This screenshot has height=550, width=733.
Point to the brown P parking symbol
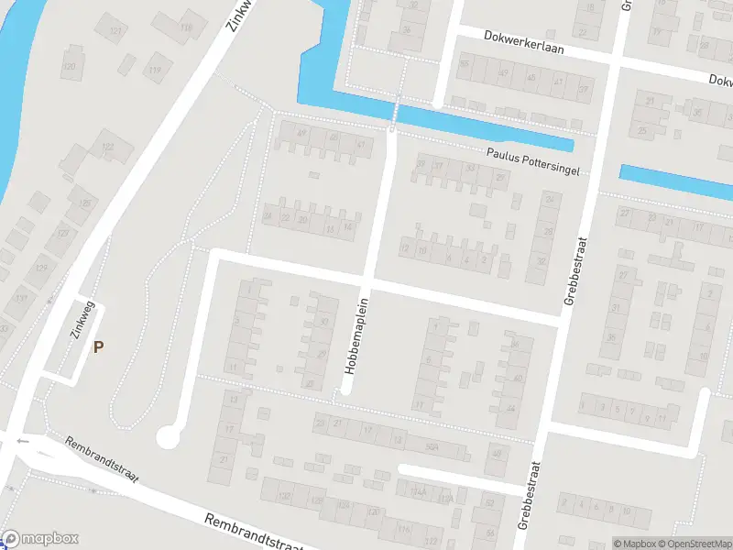coord(98,346)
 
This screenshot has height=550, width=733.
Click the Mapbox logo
coord(40,540)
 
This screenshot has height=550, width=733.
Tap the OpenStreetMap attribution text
coord(700,544)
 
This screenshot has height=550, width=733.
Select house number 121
coord(115,32)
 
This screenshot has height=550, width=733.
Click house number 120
coord(69,67)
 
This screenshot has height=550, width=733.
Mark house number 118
coord(186,27)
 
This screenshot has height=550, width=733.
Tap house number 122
coord(107,147)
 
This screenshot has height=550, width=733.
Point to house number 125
coord(85,203)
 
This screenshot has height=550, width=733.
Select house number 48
coord(497,454)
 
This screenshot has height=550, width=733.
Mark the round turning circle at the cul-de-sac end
coord(168,437)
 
